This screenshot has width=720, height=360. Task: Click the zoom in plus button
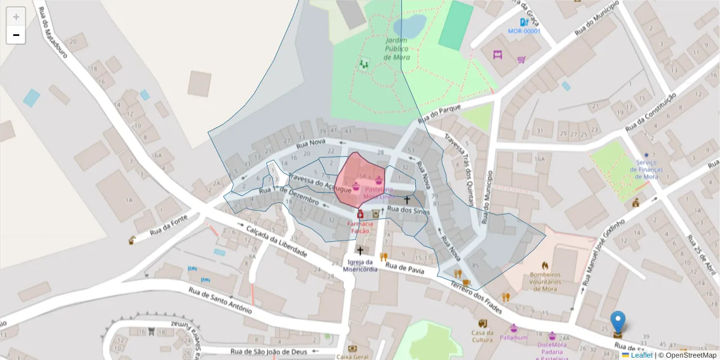pyautogui.click(x=16, y=17)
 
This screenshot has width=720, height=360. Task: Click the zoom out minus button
pyautogui.click(x=16, y=35)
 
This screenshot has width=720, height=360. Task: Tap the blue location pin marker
pyautogui.click(x=617, y=323)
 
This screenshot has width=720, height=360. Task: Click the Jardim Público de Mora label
pyautogui.click(x=397, y=49)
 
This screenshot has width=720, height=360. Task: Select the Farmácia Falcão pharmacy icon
pyautogui.click(x=361, y=214)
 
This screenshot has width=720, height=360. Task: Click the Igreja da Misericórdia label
pyautogui.click(x=361, y=265)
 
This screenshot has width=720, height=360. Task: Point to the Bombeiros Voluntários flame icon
pyautogui.click(x=545, y=265)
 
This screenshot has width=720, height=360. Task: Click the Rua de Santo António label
pyautogui.click(x=220, y=301)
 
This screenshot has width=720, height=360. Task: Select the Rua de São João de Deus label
pyautogui.click(x=268, y=352)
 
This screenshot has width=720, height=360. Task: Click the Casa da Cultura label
pyautogui.click(x=482, y=336)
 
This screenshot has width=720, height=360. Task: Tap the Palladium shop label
pyautogui.click(x=513, y=337)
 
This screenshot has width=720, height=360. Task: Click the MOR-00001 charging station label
pyautogui.click(x=524, y=31)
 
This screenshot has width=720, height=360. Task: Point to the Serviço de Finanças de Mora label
pyautogui.click(x=646, y=169)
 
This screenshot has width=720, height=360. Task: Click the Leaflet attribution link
pyautogui.click(x=641, y=355)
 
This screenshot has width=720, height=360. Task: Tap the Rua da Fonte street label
pyautogui.click(x=165, y=227)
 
